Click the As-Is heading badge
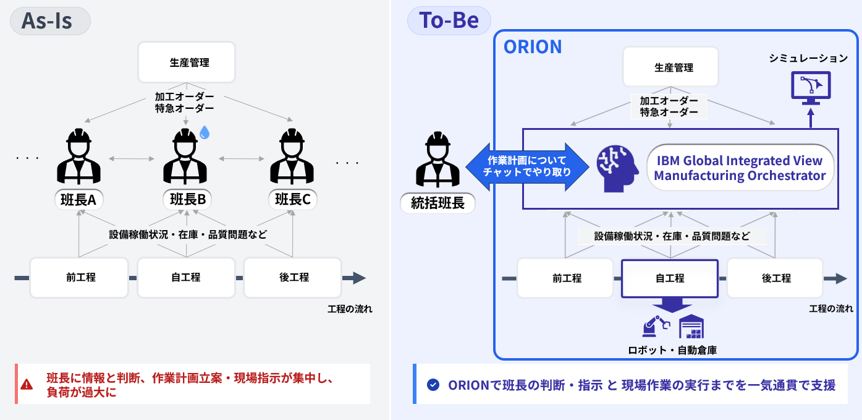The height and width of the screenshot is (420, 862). point(50,21)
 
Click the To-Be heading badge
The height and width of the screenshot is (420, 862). point(449,21)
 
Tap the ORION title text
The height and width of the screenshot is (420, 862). point(533,47)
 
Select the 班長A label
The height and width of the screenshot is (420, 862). point(79,199)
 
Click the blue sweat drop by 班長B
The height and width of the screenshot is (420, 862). point(205,132)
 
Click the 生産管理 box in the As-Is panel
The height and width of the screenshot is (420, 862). point(187,62)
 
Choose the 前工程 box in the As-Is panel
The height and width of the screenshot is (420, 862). point(79,278)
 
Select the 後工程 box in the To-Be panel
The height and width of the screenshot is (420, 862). point(775,278)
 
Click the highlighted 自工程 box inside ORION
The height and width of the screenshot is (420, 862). point(670,278)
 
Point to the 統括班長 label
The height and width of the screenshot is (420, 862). point(437,203)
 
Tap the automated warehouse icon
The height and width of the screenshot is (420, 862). point(691,327)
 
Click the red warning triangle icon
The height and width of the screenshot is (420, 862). point(27,384)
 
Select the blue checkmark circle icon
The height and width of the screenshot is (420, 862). point(433,385)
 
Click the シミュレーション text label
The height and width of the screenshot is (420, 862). point(808,59)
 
